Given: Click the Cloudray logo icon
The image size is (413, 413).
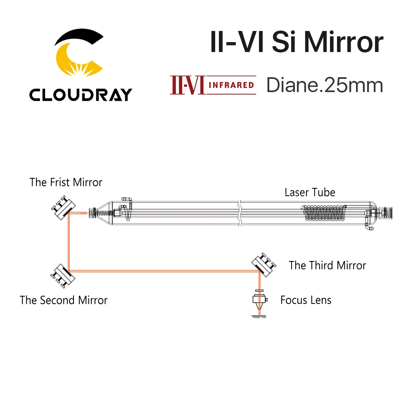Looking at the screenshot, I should click(x=78, y=54).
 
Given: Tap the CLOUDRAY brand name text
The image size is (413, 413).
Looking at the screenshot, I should click(x=80, y=95).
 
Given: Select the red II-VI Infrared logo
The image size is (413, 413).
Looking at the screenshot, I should click(x=213, y=85).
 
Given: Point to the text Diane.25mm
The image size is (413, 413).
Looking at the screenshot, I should click(x=325, y=85).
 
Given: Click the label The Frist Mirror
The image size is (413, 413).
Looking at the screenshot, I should click(x=66, y=182).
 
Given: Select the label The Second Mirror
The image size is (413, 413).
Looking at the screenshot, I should click(x=64, y=300).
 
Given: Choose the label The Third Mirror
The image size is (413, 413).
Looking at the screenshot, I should click(x=327, y=265).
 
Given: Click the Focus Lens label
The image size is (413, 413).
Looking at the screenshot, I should click(x=306, y=300).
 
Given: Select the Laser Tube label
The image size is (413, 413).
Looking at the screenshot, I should click(x=310, y=192).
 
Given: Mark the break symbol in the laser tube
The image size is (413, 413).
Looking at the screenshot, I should click(x=238, y=213).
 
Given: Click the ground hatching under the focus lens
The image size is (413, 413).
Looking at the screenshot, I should click(x=259, y=317).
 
